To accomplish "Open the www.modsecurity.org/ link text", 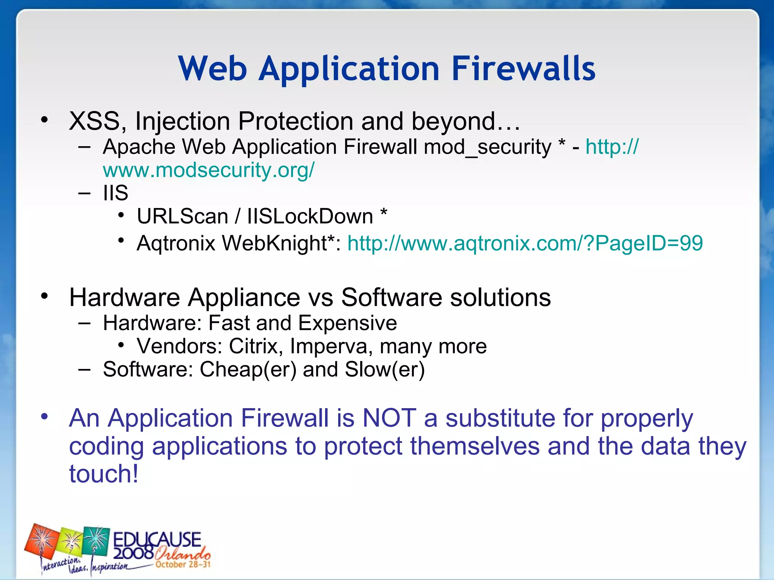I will (x=208, y=170).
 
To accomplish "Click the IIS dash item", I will (x=115, y=193).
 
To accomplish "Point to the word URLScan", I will (x=182, y=216).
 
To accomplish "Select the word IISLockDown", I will (x=310, y=216).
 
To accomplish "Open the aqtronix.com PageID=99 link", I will (x=525, y=243).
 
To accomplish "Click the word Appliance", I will (x=244, y=297).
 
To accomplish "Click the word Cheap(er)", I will (x=248, y=369).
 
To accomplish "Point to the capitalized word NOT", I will (x=389, y=418).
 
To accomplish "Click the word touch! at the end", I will (x=104, y=474).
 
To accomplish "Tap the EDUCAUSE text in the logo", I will (x=157, y=539).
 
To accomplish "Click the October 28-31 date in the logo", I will (x=183, y=565).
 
